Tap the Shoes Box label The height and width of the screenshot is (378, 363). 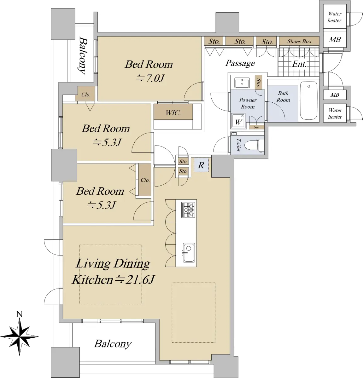click(299, 41)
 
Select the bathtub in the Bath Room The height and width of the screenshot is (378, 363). click(308, 100)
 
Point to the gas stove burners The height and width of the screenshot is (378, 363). click(188, 210)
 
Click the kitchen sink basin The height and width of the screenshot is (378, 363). click(189, 253)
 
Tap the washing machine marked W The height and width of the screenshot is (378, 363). click(238, 121)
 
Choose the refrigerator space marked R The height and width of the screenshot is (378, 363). click(201, 165)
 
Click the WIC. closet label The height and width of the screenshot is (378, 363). click(173, 113)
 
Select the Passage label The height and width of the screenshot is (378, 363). click(240, 63)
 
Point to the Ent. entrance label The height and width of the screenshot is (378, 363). click(299, 64)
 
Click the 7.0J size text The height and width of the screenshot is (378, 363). click(150, 78)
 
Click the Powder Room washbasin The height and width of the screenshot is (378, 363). click(242, 83)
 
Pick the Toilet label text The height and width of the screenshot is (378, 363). click(238, 145)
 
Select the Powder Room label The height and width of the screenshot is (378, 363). click(248, 103)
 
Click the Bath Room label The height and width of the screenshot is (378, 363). click(283, 96)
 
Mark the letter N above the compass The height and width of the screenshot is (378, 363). click(19, 314)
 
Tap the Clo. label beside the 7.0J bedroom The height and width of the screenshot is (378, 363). click(86, 94)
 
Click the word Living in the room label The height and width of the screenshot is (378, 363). click(93, 264)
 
